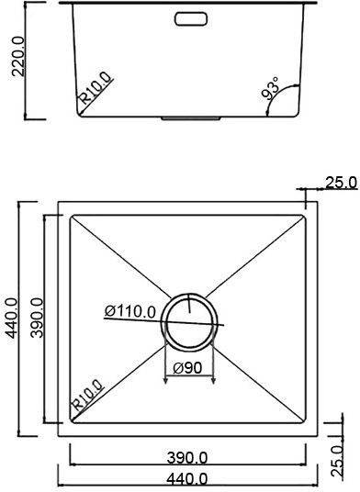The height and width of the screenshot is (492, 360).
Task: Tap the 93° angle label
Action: coord(270,89)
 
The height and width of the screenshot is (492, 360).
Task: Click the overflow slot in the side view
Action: coord(190,17)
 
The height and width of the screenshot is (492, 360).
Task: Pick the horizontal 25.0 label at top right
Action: coord(340,183)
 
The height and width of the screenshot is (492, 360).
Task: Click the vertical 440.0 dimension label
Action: coord(12,317)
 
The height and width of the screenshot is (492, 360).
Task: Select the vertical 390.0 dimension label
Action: coord(38,318)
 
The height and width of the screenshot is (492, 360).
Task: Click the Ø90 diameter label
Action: coord(188,369)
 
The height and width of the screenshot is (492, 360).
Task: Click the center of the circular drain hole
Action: coord(190,321)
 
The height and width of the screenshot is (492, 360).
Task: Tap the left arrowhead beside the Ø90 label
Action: coord(166,380)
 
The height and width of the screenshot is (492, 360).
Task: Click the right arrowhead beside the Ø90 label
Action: coord(213,380)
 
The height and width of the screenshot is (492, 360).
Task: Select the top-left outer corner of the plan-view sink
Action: coord(59,202)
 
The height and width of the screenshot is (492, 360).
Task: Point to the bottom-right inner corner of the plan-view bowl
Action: coord(304,423)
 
